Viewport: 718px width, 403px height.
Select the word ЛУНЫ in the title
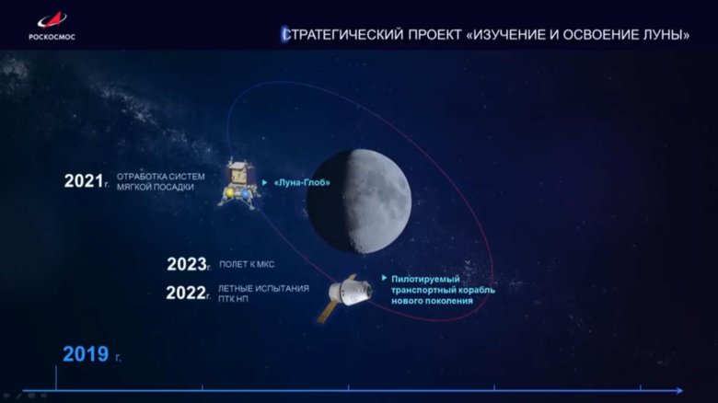point(668,35)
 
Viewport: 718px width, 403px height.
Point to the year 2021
point(81,181)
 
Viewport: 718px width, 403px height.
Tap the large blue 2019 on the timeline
point(85,354)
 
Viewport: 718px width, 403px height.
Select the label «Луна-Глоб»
point(302,183)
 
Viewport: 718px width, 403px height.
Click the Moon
point(359,200)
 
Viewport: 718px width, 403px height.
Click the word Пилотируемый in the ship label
point(424,279)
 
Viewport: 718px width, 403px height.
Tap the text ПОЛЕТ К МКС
point(247,265)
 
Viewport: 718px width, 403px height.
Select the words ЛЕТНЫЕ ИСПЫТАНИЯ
point(263,288)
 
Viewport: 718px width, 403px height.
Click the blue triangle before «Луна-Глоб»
point(265,183)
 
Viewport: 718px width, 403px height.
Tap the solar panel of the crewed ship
point(327,310)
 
